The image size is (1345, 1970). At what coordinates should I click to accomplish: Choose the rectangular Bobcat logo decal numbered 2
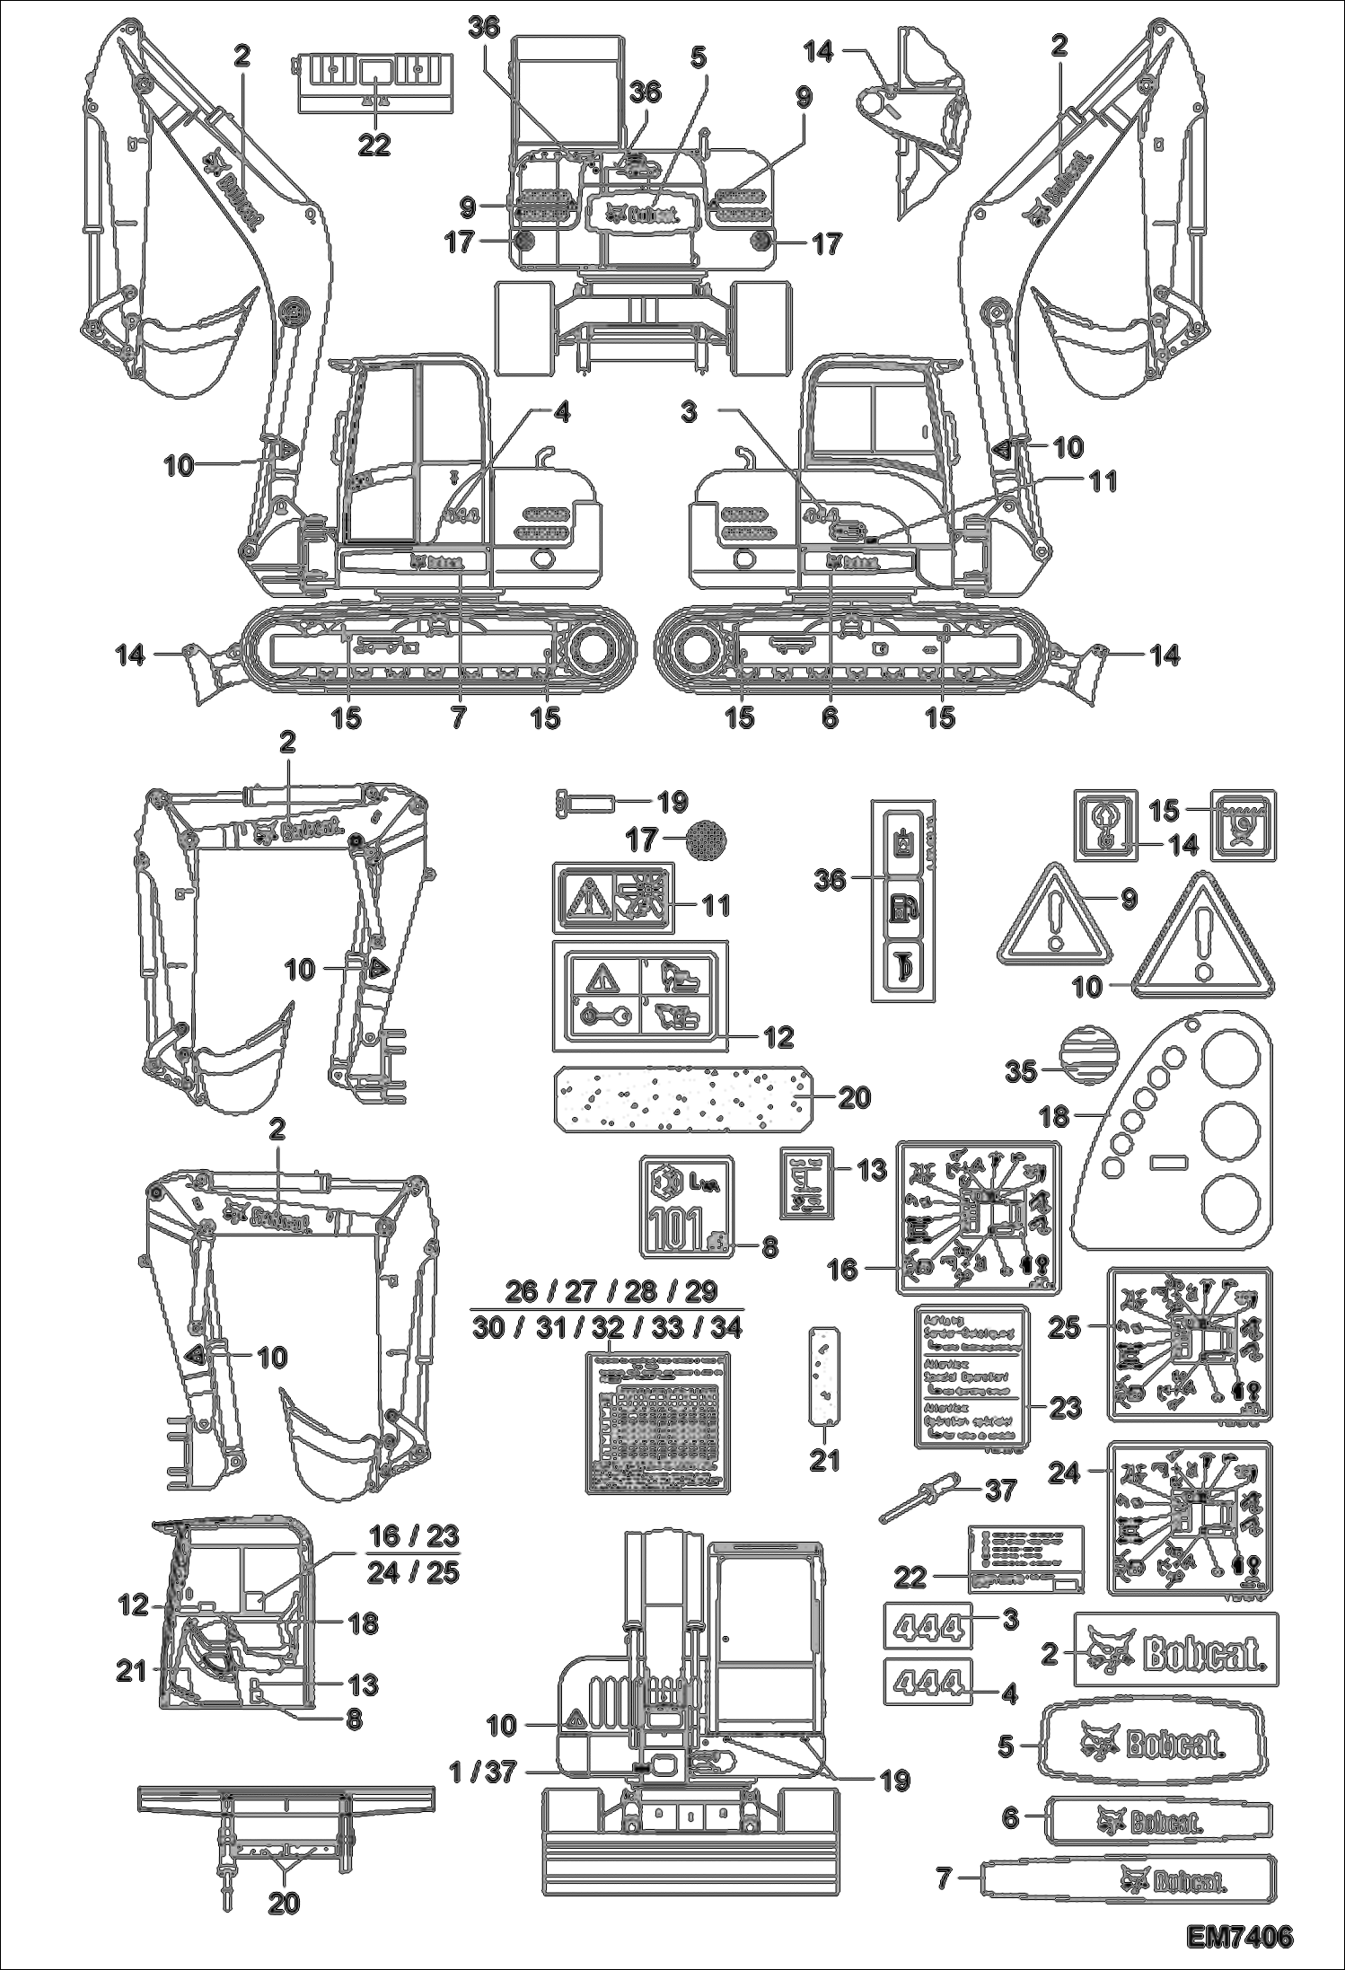click(x=1176, y=1649)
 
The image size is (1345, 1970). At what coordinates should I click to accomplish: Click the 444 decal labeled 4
click(x=930, y=1680)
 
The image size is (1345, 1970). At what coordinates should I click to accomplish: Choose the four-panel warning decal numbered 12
click(x=639, y=996)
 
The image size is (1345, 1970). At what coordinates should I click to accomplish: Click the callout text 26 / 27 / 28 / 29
click(x=611, y=1291)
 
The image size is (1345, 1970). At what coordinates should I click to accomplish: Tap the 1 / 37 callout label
click(x=482, y=1771)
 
